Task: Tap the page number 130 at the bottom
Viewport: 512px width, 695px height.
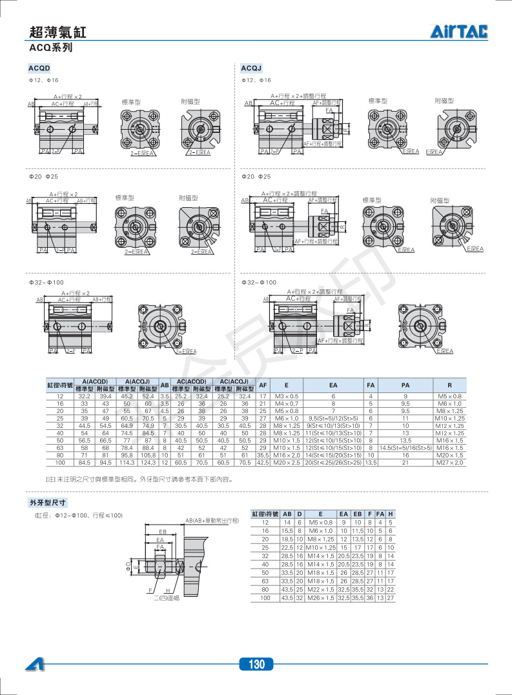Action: point(256,665)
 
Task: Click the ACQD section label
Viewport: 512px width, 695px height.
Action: point(39,68)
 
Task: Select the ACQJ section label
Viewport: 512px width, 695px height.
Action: point(251,68)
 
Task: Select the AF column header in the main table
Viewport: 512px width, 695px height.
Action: point(263,385)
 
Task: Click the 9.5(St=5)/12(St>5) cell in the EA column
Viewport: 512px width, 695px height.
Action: point(334,418)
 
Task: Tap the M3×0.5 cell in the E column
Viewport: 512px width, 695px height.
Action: point(287,396)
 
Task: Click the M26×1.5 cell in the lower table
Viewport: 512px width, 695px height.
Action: point(320,598)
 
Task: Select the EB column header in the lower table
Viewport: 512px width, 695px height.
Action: point(357,514)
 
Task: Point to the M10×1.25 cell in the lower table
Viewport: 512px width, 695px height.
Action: point(320,547)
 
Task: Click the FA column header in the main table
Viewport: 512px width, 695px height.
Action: point(371,385)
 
